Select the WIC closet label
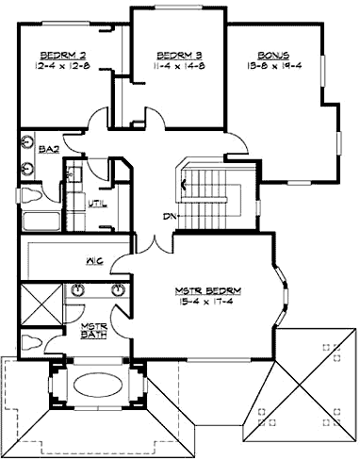pyautogui.click(x=94, y=260)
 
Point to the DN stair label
pyautogui.click(x=170, y=217)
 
